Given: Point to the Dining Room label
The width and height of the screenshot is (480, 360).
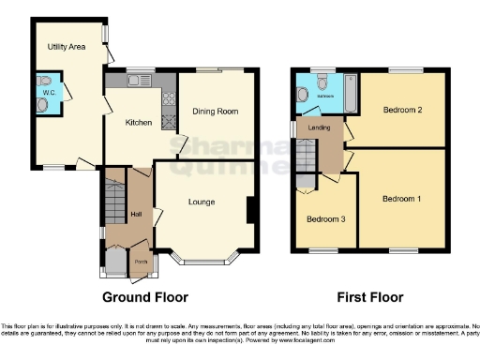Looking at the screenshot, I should pyautogui.click(x=216, y=111).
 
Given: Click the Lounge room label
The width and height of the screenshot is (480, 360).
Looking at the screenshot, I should pyautogui.click(x=202, y=202).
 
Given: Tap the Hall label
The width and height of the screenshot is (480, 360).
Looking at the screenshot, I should pyautogui.click(x=135, y=215).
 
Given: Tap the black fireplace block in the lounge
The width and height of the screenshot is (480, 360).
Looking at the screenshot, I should pyautogui.click(x=250, y=211).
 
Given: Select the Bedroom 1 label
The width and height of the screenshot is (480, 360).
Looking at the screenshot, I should pyautogui.click(x=401, y=199).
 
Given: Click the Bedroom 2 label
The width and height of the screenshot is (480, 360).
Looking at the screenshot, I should pyautogui.click(x=401, y=110).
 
